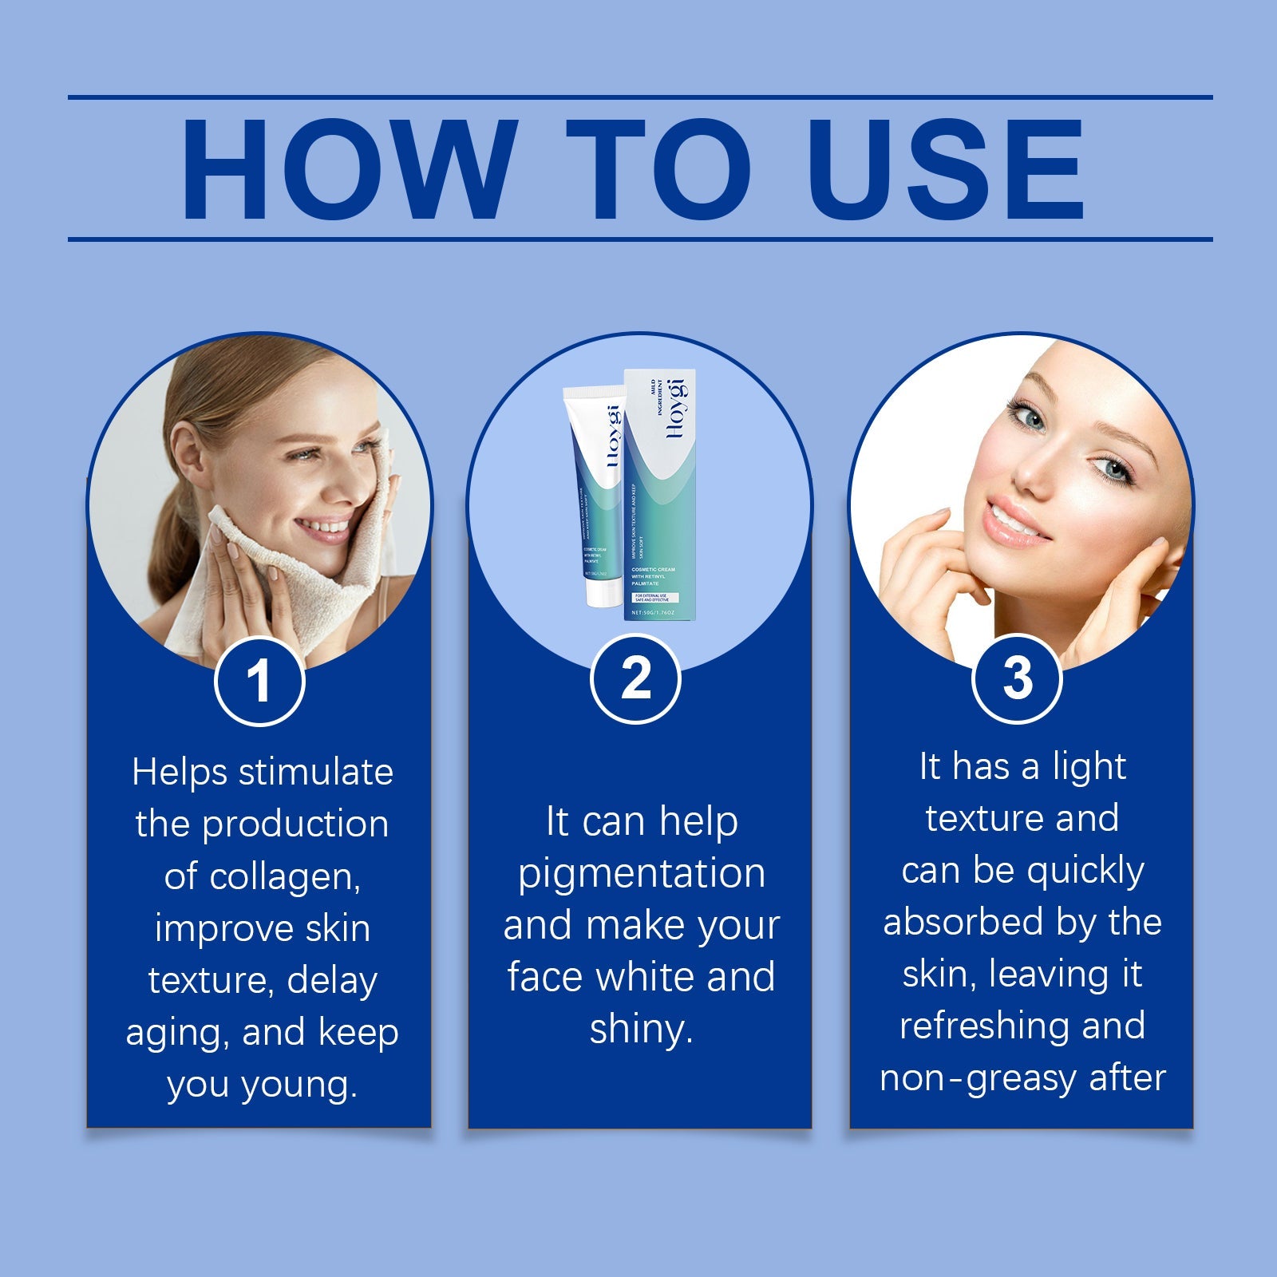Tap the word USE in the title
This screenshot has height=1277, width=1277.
pyautogui.click(x=946, y=169)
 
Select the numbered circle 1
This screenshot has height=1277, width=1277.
pyautogui.click(x=259, y=681)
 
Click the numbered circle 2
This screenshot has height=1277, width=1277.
pyautogui.click(x=635, y=678)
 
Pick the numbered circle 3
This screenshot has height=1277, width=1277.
pyautogui.click(x=1017, y=678)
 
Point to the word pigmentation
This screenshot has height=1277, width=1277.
pyautogui.click(x=642, y=874)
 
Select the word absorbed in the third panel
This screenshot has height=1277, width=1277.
pyautogui.click(x=963, y=923)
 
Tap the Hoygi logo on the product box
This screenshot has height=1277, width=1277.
pyautogui.click(x=675, y=407)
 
